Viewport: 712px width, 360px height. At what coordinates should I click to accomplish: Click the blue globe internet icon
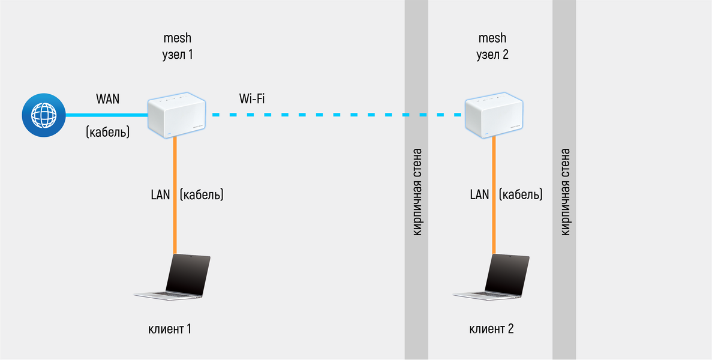coord(43,114)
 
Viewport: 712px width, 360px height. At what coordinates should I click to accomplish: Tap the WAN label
coord(107,98)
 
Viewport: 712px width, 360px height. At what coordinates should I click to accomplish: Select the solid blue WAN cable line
coord(105,115)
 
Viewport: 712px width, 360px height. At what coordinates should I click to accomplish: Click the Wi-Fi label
coord(252,98)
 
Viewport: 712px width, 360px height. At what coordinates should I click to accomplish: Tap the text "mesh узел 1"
coord(178,46)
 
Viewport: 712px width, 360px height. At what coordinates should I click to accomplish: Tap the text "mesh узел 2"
coord(492,46)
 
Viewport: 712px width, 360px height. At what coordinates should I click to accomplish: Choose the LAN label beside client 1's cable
coord(160,194)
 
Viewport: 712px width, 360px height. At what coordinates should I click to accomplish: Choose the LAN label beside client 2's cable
coord(479,194)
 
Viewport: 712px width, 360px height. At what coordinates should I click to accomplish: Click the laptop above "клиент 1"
coord(173,277)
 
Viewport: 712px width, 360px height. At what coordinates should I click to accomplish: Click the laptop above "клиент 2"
coord(492,277)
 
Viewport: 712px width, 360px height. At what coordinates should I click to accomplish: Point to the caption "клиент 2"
coord(491,329)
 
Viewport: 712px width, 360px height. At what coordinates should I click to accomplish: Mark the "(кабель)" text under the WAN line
coord(108,131)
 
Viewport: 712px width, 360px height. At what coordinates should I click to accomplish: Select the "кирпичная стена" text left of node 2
coord(417,192)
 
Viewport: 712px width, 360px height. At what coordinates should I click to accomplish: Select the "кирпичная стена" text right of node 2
coord(564,192)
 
